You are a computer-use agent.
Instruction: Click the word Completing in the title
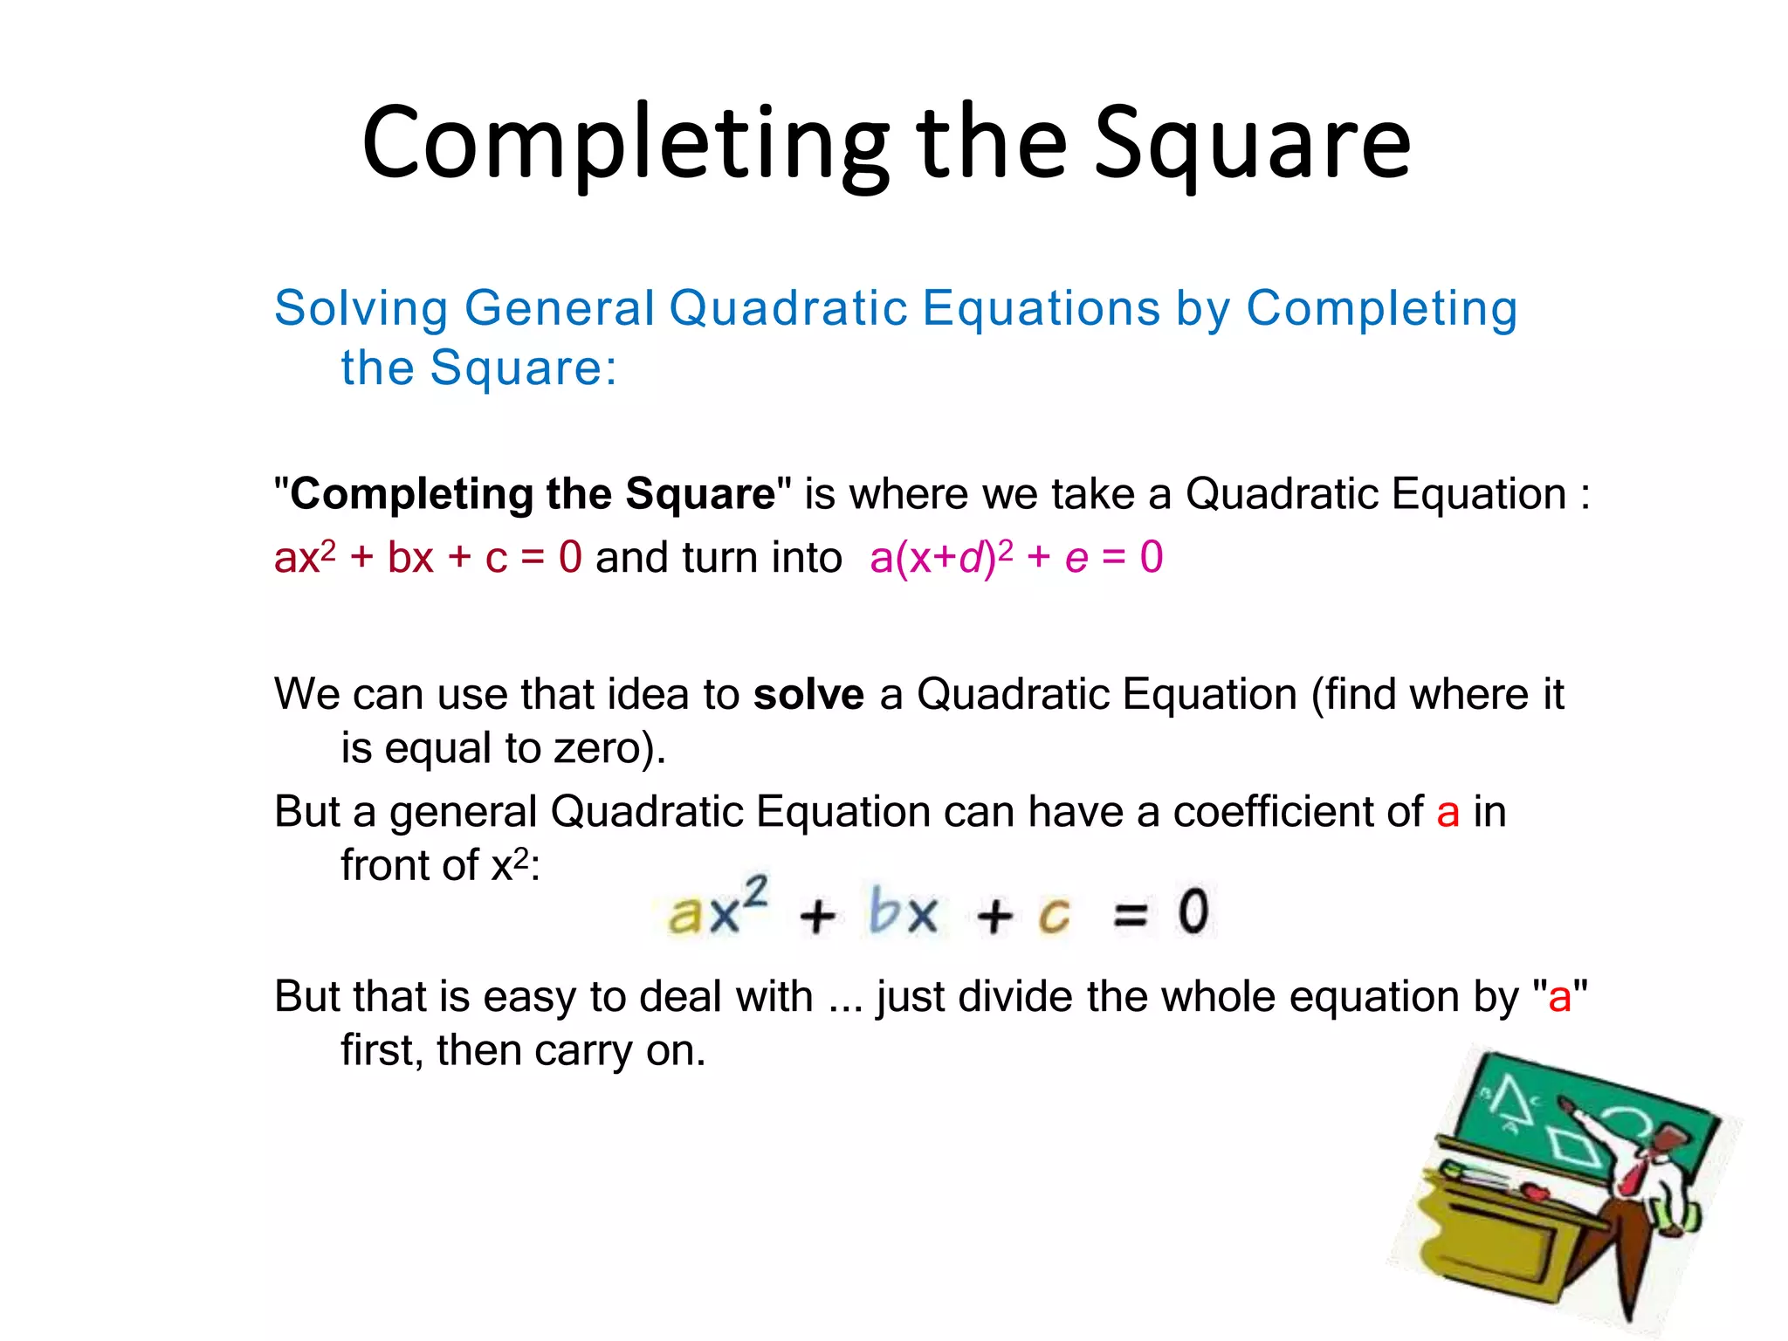point(625,144)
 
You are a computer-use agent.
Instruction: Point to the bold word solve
point(808,695)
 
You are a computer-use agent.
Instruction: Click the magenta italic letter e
point(1076,559)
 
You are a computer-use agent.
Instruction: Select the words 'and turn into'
point(718,558)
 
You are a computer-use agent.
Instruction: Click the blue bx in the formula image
point(903,911)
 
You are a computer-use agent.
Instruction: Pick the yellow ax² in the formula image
point(716,910)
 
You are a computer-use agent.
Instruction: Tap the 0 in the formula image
point(1193,911)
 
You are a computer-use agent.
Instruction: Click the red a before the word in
point(1448,812)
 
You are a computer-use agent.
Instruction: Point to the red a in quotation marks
point(1559,996)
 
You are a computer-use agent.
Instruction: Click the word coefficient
point(1297,812)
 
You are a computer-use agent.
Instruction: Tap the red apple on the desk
point(1533,1191)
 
